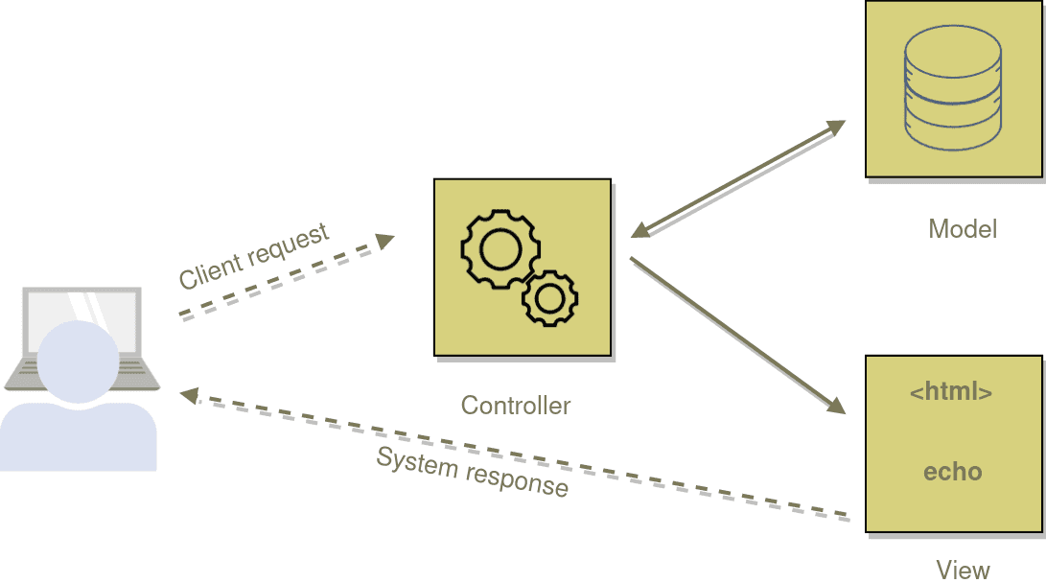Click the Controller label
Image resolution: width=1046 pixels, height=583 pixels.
coord(516,405)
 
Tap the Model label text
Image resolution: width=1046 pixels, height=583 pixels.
coord(963,229)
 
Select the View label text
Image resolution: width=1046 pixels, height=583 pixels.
coord(963,571)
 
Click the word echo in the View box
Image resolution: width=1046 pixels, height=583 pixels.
coord(953,472)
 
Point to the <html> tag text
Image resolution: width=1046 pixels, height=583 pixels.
coord(951,391)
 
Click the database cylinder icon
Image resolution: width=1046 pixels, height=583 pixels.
coord(953,87)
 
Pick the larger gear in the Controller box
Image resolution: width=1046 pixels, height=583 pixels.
coord(500,249)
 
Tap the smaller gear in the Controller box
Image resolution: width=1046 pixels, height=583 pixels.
coord(550,298)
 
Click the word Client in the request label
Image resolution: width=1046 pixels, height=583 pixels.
coord(210,270)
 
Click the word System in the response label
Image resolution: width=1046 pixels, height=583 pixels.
coord(417,461)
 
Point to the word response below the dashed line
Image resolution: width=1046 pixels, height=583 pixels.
coord(517,481)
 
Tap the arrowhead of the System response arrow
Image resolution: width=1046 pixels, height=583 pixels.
coord(190,396)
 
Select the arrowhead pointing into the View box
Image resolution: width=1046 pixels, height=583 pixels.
coord(837,405)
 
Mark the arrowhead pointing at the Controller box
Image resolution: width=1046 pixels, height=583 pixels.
coord(640,230)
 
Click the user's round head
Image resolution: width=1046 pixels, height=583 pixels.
coord(78,361)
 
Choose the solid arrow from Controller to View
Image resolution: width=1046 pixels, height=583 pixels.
coord(738,336)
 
